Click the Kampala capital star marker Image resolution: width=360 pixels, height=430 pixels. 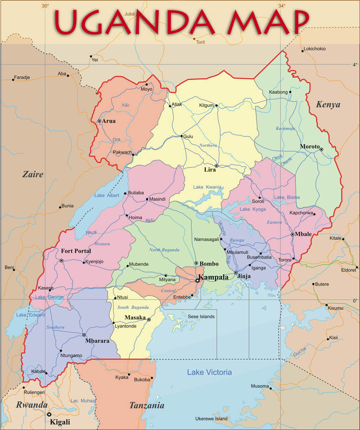197,280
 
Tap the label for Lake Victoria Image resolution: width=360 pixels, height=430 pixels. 209,372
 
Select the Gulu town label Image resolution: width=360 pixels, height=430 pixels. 188,137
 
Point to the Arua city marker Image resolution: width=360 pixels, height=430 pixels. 99,121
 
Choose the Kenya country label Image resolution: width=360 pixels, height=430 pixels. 328,105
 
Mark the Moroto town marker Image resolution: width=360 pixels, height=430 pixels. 321,150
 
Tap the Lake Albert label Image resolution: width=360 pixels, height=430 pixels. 107,195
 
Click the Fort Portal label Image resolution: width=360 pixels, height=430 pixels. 76,251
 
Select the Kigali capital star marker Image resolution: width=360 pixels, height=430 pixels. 49,415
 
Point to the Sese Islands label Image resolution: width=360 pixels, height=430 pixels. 201,317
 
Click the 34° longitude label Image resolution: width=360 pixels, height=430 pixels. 282,6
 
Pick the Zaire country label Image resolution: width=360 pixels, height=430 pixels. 33,174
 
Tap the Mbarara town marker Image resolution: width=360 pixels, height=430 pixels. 84,335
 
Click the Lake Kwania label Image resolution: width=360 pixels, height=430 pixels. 207,187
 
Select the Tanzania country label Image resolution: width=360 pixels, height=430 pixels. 147,405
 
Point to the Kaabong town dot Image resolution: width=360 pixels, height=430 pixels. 290,92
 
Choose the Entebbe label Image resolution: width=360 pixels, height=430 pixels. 182,297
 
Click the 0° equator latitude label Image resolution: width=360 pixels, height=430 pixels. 355,301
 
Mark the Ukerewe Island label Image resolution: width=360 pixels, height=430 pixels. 211,419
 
